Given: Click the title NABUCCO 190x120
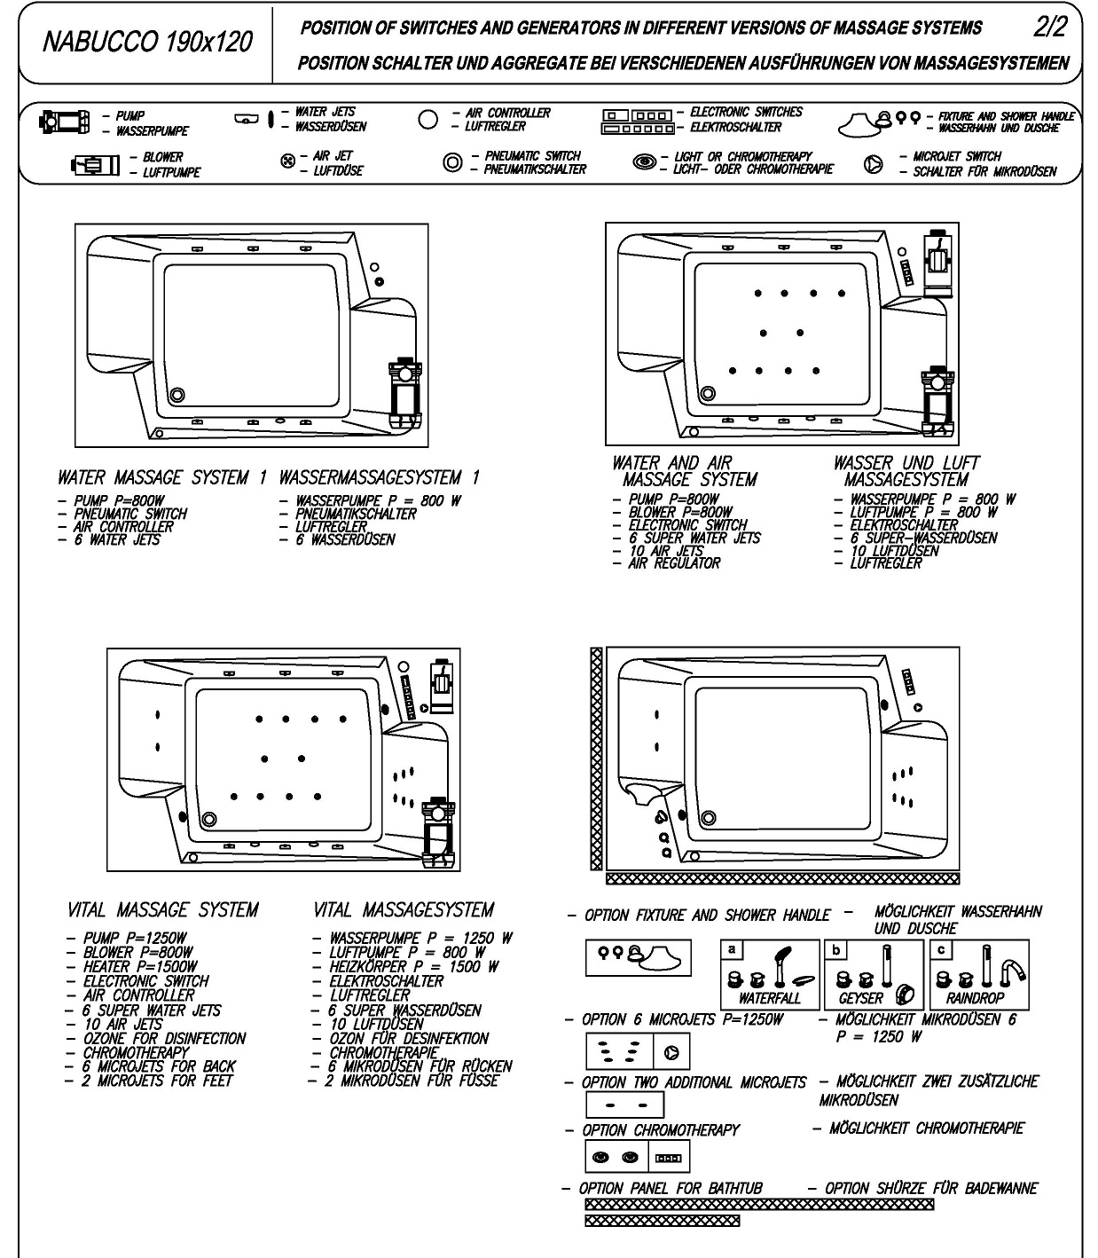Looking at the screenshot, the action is (x=147, y=42).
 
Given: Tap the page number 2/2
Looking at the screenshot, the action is (x=1050, y=27).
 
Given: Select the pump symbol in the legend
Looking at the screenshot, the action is (x=64, y=122).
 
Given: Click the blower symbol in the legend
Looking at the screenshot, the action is (x=95, y=165).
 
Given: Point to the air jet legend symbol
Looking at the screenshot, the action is (x=287, y=161).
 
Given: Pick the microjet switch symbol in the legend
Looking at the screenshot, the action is (x=873, y=164).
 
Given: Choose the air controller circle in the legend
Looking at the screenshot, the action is (x=427, y=119).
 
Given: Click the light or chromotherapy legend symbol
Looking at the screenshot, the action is (x=645, y=162).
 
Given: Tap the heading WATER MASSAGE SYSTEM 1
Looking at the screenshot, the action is (x=162, y=477).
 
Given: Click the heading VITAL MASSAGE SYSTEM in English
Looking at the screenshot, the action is (x=163, y=909).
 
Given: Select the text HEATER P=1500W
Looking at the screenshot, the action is (x=141, y=966).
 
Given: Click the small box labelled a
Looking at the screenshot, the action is (x=732, y=950).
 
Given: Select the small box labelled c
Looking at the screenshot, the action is (x=941, y=950).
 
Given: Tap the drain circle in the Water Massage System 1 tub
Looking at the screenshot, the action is (x=177, y=394).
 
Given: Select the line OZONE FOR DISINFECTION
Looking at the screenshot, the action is (x=164, y=1039).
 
